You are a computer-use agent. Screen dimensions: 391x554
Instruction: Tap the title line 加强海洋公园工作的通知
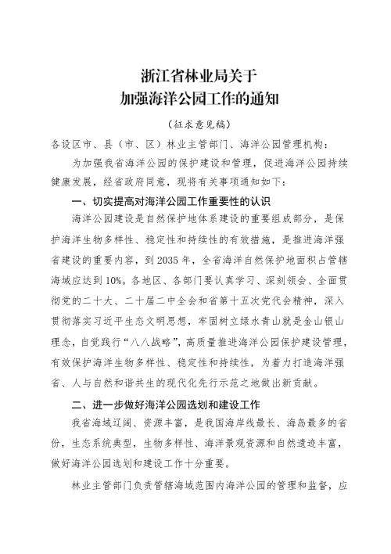[195, 99]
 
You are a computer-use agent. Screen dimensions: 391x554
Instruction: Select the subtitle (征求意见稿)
[195, 125]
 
